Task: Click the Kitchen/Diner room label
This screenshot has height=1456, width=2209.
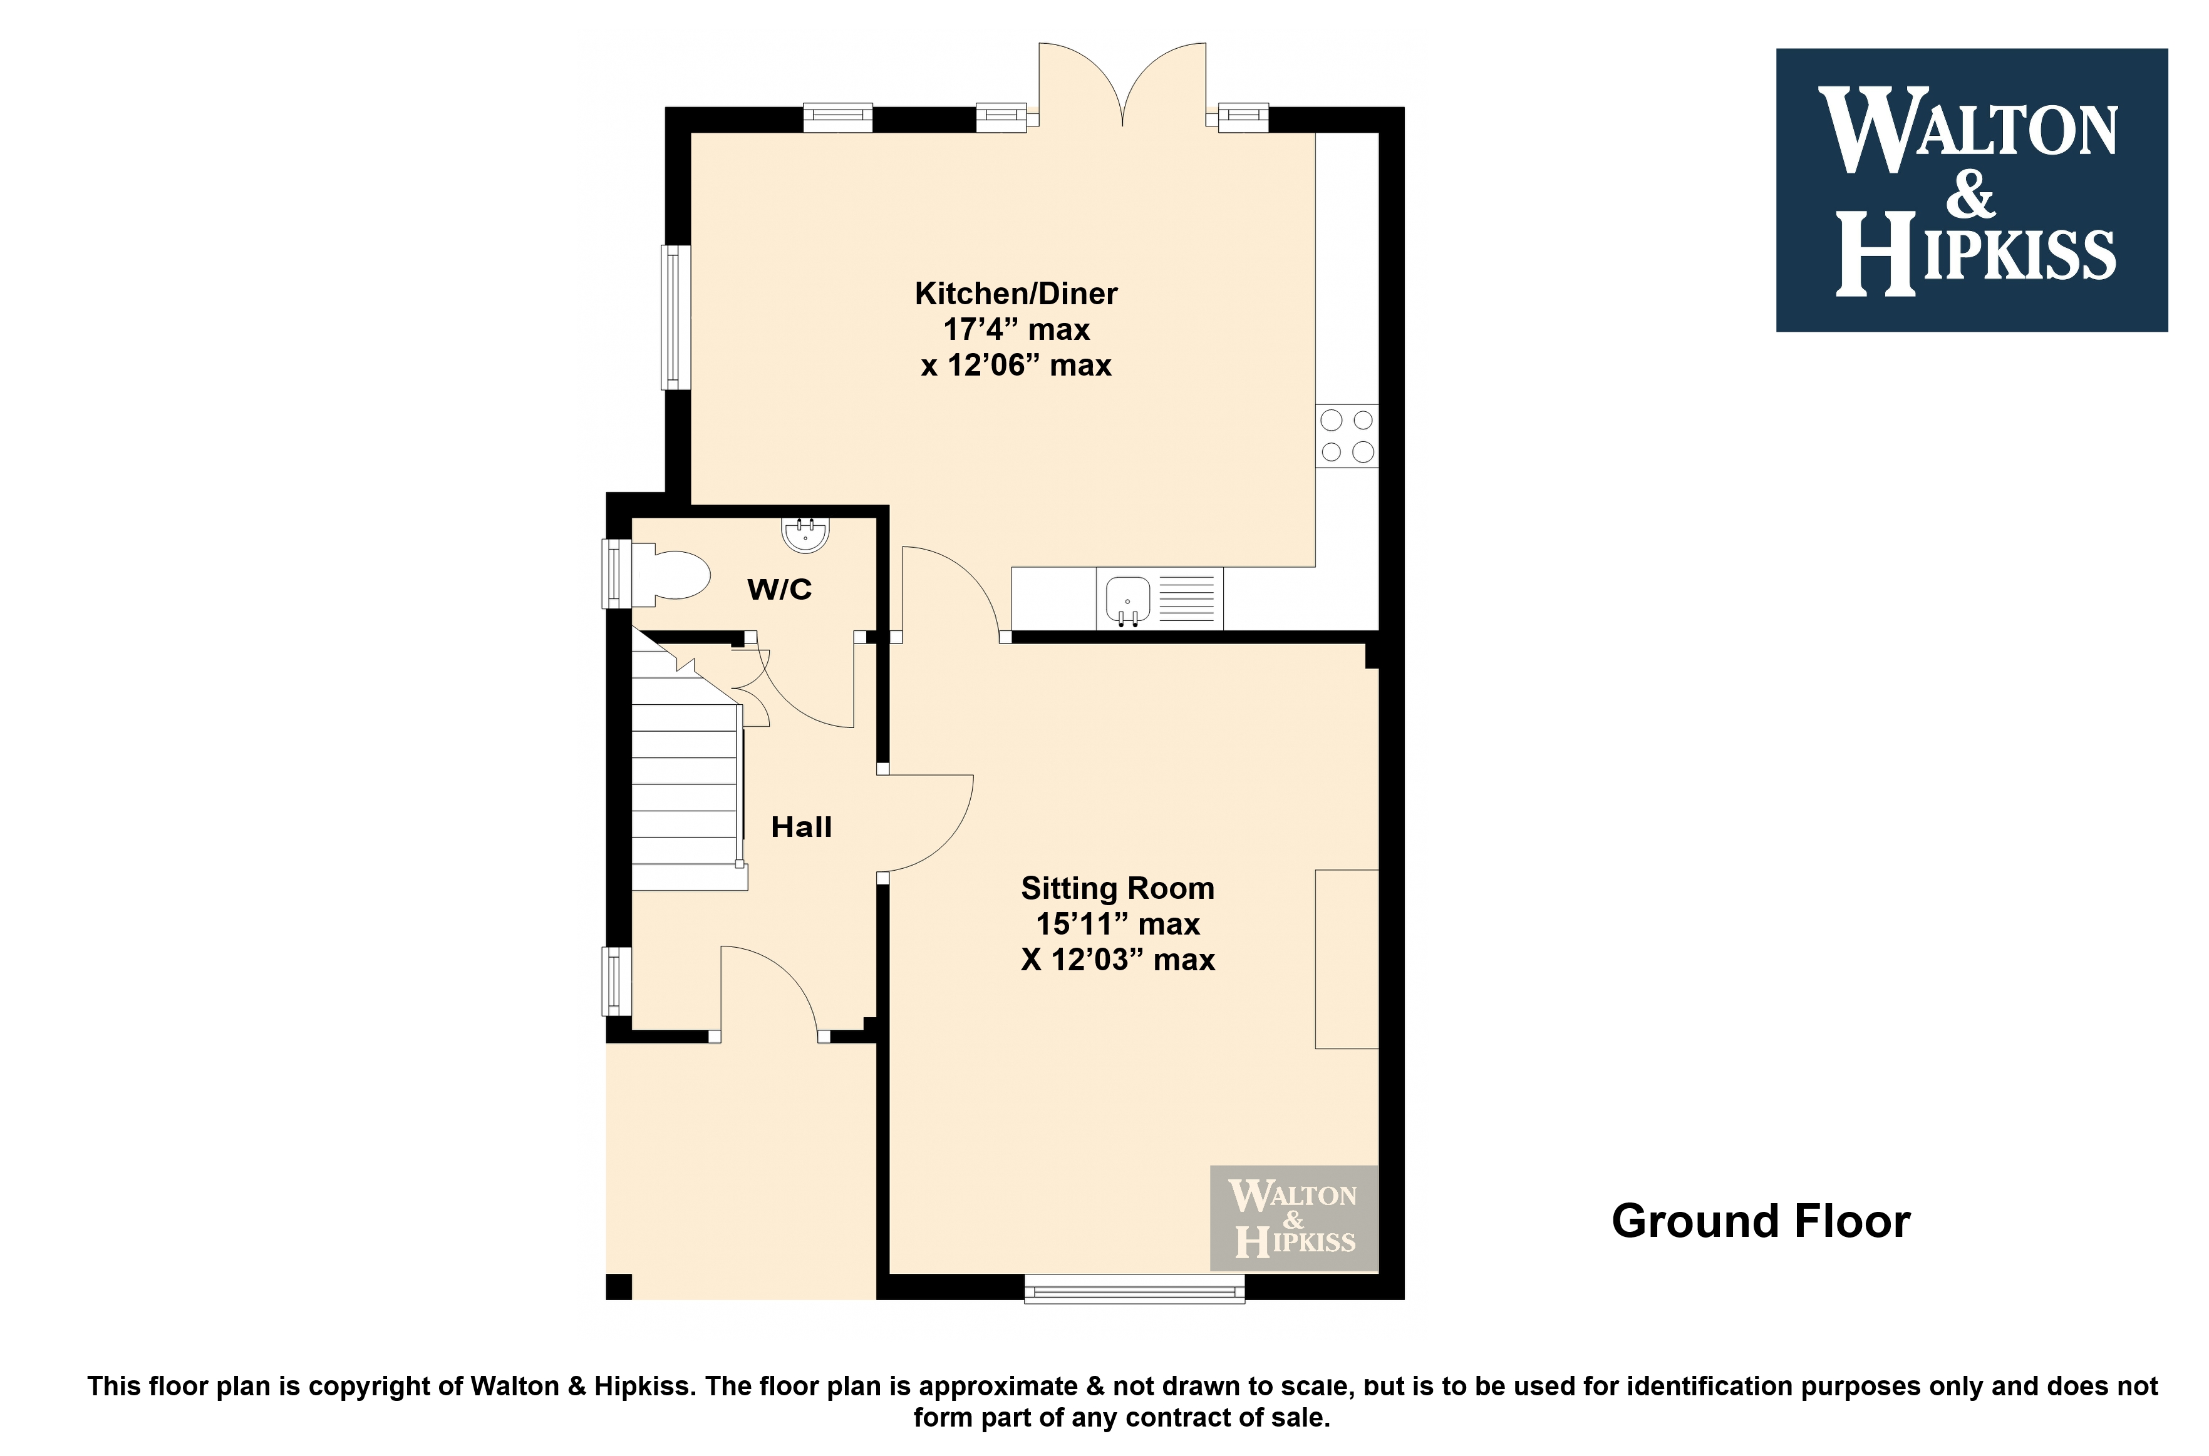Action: tap(1017, 294)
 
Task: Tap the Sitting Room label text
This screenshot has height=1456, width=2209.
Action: tap(1117, 889)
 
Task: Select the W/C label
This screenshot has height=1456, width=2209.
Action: tap(779, 588)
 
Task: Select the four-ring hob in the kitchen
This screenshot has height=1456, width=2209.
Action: tap(1347, 436)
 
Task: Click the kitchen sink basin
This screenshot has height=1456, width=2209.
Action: tap(1128, 599)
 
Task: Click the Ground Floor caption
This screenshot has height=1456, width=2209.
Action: tap(1761, 1221)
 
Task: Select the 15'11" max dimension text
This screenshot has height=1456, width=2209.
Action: tap(1117, 924)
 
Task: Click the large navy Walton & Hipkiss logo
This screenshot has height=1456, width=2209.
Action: tap(1971, 190)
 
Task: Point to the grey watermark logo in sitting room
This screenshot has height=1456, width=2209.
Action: tap(1293, 1218)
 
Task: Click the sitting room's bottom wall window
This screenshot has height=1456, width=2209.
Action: tap(1134, 1288)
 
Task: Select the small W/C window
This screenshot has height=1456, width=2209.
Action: tap(617, 574)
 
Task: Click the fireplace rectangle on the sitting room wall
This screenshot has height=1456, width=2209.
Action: tap(1346, 959)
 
